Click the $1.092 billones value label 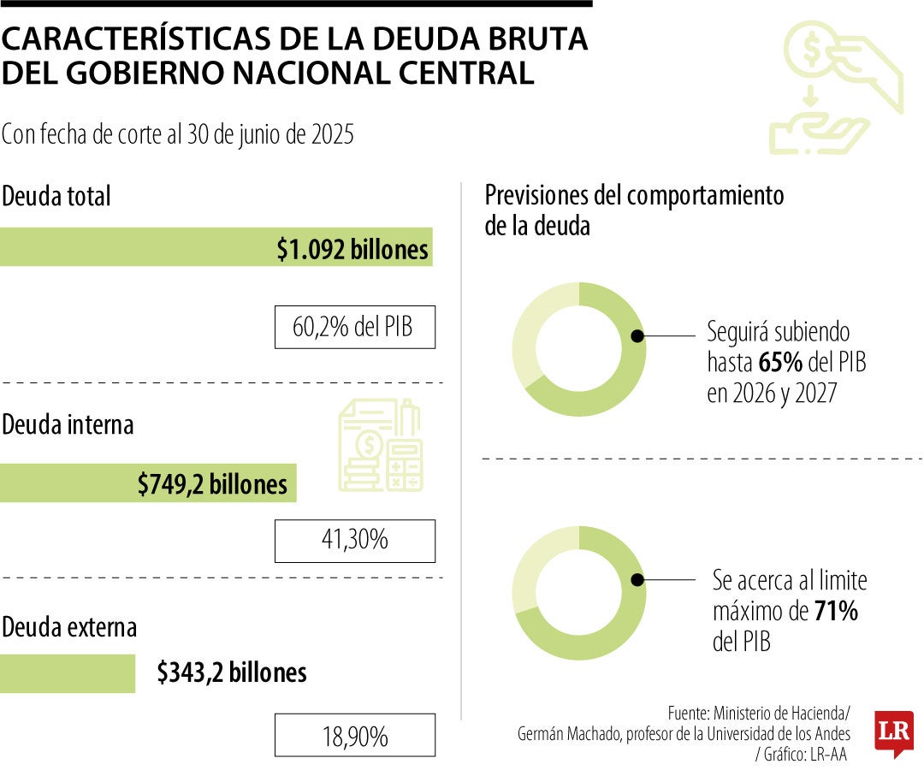coord(352,249)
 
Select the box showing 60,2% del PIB coord(354,327)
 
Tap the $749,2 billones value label coord(212,484)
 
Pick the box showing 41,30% coord(354,541)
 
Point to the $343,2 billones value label coord(231,672)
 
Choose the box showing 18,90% coord(354,735)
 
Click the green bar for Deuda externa coord(68,673)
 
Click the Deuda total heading coord(56,196)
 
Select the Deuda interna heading coord(68,424)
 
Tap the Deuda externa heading coord(69,627)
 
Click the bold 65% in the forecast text coord(780,363)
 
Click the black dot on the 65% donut coord(637,336)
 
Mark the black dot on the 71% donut coord(637,580)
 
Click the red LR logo coord(894,733)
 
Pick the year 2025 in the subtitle coord(331,135)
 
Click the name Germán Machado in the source coord(566,734)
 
